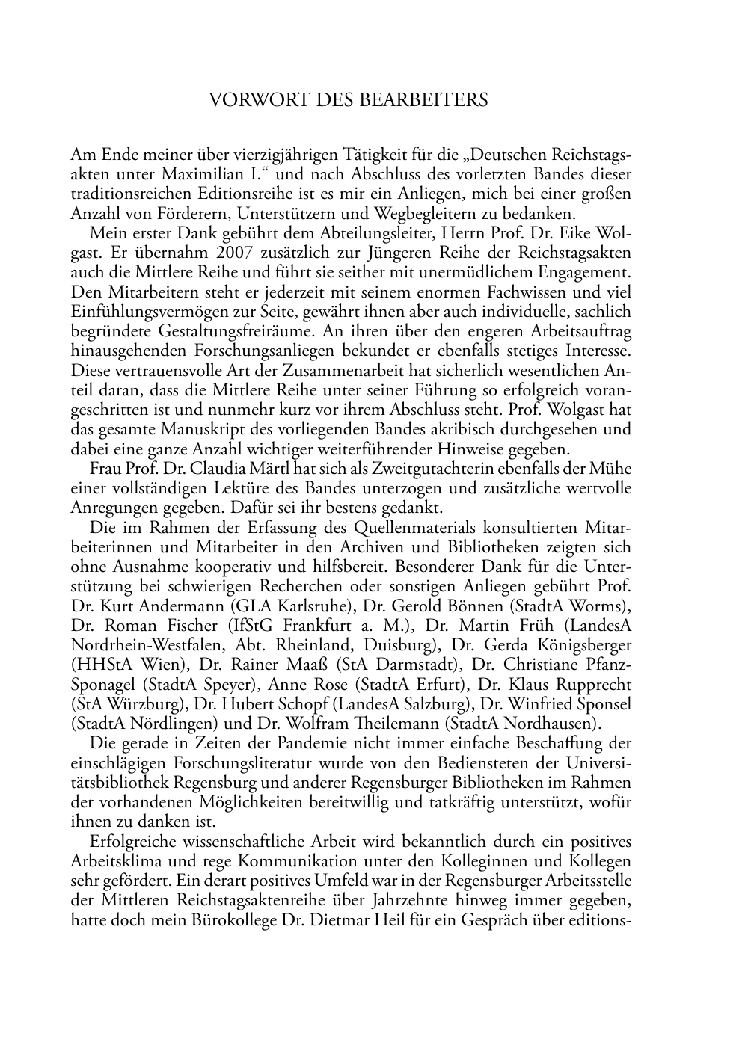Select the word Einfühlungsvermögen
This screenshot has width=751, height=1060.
pos(145,312)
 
